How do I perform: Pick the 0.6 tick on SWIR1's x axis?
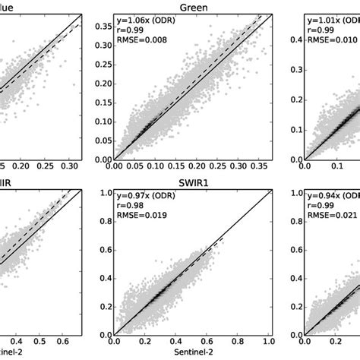click(208, 338)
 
